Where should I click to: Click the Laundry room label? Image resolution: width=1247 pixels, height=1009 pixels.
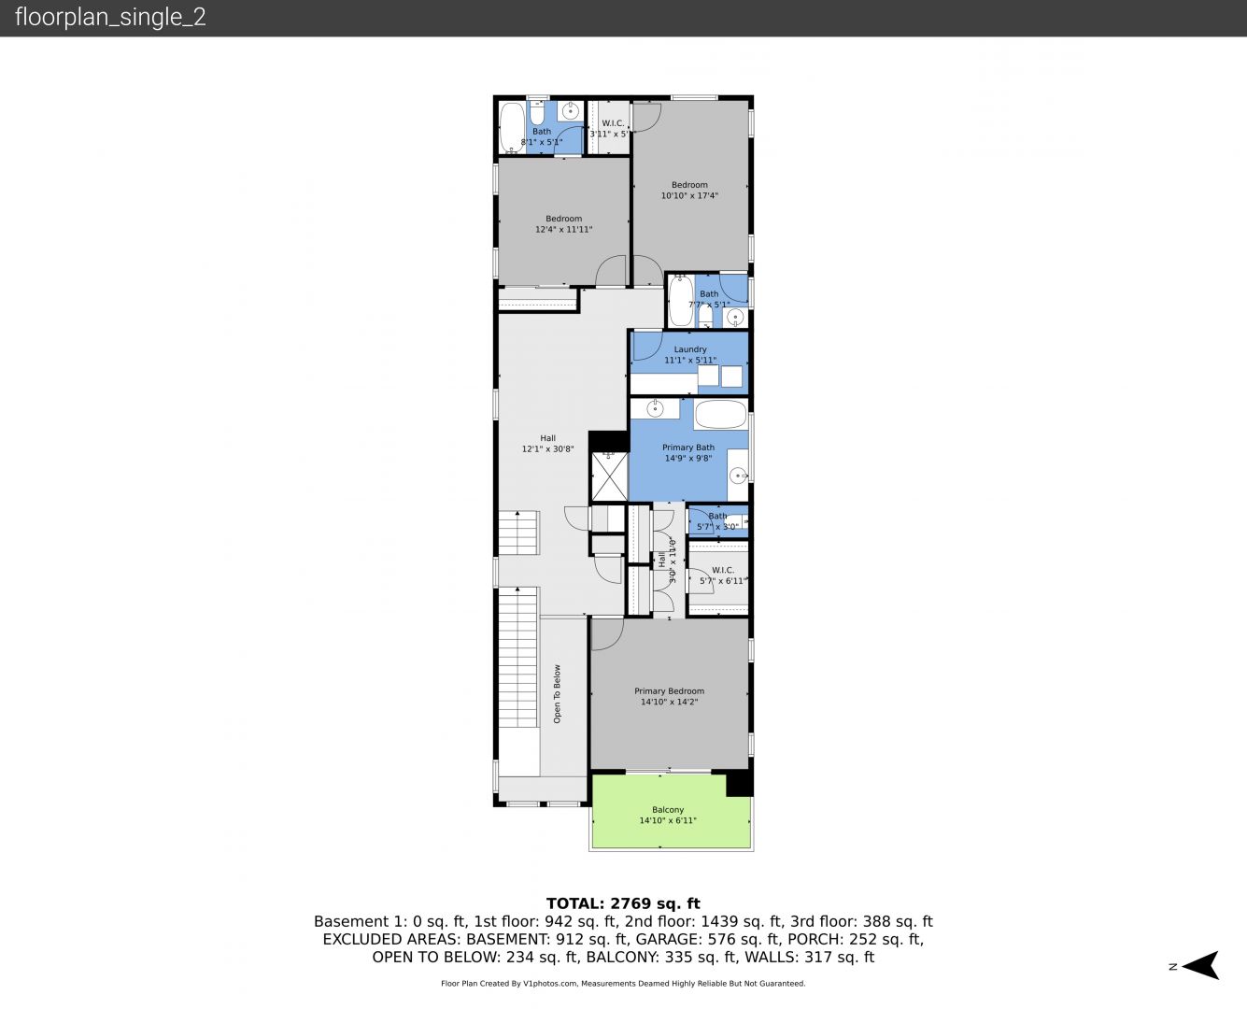(x=690, y=349)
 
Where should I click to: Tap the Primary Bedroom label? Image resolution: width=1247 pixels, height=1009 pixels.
(x=669, y=691)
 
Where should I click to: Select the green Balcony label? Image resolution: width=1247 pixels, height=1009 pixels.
(x=668, y=809)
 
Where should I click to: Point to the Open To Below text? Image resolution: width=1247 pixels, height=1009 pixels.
(x=557, y=694)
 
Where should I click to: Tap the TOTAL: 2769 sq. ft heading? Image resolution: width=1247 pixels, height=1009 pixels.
(x=623, y=903)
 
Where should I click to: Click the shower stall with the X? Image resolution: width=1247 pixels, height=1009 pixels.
(x=609, y=476)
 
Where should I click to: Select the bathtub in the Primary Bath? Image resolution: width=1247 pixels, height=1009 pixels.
(x=721, y=414)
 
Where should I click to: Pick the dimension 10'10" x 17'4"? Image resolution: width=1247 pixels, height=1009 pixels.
(x=689, y=195)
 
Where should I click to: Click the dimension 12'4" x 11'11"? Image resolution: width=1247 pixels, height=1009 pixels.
(x=564, y=230)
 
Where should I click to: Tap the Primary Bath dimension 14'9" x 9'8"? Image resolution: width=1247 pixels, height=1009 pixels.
(x=688, y=458)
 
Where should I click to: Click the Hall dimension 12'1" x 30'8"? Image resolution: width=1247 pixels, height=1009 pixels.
(x=548, y=449)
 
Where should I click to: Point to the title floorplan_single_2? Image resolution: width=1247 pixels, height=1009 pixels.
(x=110, y=17)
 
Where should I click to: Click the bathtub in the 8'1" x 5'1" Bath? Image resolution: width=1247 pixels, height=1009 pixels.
(x=512, y=128)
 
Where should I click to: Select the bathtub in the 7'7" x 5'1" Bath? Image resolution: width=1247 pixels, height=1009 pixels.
(x=681, y=301)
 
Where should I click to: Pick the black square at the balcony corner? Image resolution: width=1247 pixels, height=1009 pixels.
(x=740, y=784)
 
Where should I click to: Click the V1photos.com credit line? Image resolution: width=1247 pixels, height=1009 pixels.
(x=623, y=983)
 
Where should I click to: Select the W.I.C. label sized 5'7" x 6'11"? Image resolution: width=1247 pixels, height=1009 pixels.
(x=722, y=570)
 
